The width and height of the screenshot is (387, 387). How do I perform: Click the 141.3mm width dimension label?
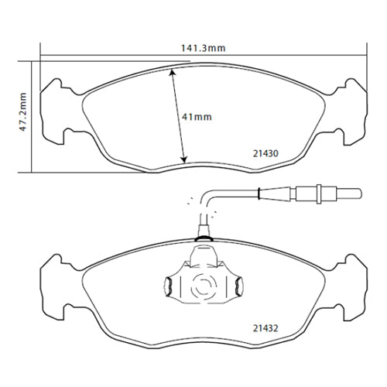pyautogui.click(x=202, y=48)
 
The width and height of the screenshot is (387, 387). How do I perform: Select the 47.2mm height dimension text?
pyautogui.click(x=23, y=112)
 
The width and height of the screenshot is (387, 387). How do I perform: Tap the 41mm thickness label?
pyautogui.click(x=199, y=117)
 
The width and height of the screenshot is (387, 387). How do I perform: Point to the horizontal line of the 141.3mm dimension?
pyautogui.click(x=116, y=55)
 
